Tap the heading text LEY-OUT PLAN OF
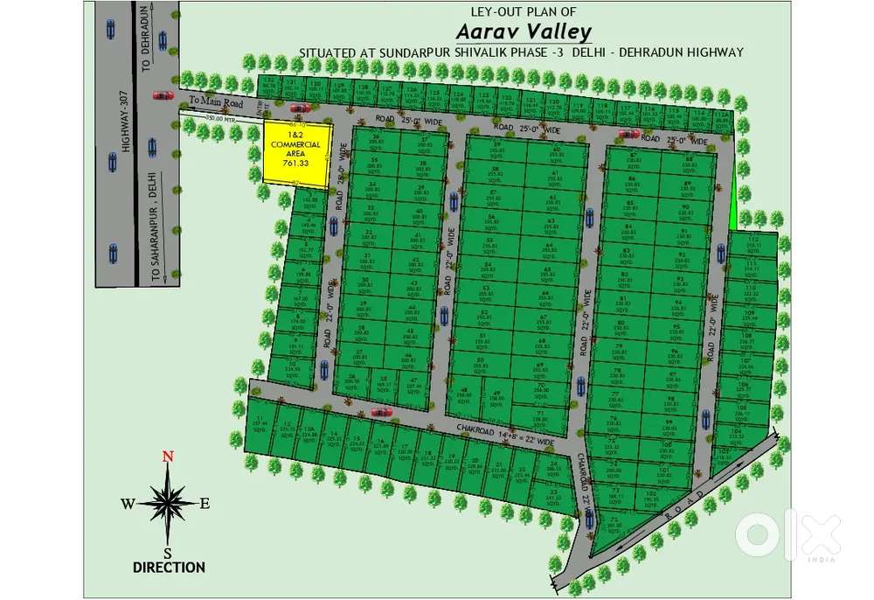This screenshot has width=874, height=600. click(523, 11)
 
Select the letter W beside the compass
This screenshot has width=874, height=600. click(128, 503)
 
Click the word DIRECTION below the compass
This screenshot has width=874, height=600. click(169, 567)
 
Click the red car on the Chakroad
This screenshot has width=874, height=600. click(382, 411)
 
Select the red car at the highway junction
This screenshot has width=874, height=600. click(163, 95)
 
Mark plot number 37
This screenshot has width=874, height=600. click(426, 141)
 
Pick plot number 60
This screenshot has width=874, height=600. click(555, 149)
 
